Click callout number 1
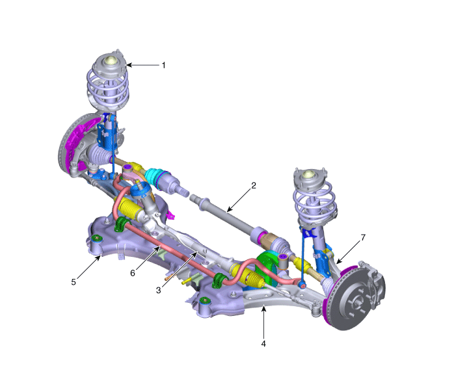point(164,65)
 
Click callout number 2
point(254,185)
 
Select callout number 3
point(159,290)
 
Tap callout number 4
point(263,343)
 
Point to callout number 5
point(74,282)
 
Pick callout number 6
point(133,273)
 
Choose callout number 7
point(363,238)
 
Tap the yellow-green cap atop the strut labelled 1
point(111,60)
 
